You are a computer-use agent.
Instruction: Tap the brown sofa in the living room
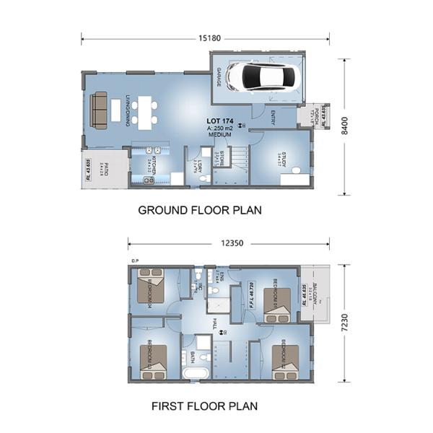point(99,110)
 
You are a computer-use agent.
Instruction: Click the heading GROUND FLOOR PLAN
point(199,211)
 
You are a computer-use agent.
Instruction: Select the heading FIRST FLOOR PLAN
point(204,406)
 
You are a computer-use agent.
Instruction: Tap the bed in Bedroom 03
point(152,359)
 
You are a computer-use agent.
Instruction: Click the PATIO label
point(105,171)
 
